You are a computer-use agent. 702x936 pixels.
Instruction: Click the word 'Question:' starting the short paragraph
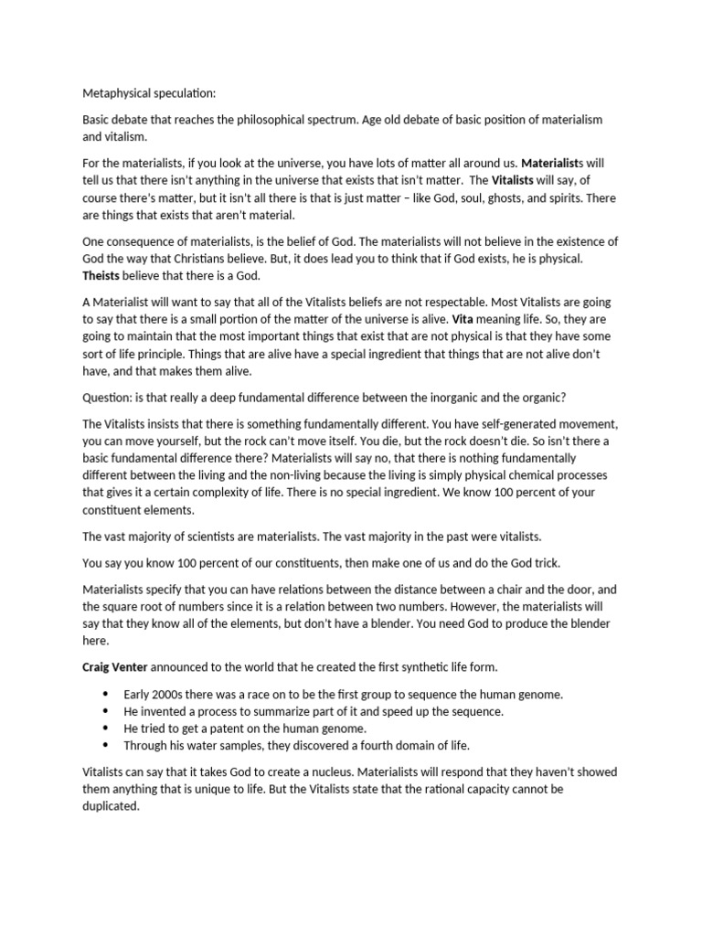tap(109, 399)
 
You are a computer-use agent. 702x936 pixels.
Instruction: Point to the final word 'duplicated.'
tap(111, 807)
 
